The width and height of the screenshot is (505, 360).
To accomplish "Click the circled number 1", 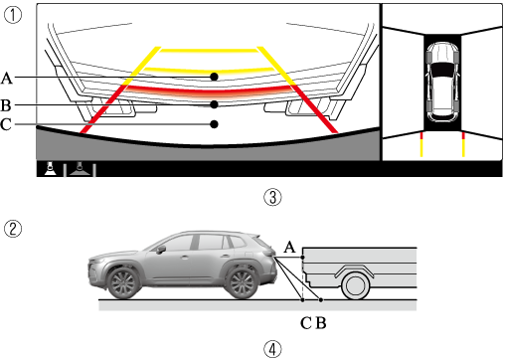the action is (13, 15).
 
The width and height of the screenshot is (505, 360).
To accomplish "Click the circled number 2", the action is (13, 229).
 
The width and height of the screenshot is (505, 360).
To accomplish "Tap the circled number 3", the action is (272, 197).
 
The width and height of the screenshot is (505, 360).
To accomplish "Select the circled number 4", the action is (272, 349).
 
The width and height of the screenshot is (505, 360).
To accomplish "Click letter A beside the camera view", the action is (7, 79).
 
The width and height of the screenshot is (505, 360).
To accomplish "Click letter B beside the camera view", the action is (6, 105).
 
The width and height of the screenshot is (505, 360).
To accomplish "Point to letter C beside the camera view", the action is (6, 124).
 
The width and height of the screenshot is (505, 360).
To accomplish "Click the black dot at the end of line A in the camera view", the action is (215, 77).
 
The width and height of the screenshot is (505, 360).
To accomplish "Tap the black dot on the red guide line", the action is (215, 104).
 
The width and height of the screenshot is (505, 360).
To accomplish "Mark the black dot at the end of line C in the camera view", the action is (215, 124).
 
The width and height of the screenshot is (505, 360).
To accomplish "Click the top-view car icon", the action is (442, 83).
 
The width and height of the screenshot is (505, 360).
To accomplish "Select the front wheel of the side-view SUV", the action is (123, 283).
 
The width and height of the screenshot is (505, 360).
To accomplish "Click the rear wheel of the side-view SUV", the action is (241, 283).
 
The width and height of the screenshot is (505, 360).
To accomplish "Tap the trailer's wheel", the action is (355, 285).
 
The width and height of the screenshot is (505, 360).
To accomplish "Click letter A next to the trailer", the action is (289, 247).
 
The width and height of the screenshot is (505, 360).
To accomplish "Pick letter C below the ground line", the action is (306, 323).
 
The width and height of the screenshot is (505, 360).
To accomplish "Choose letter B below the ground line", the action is (321, 323).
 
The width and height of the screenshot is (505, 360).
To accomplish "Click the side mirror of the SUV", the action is (161, 250).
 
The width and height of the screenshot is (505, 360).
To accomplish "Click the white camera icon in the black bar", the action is (50, 169).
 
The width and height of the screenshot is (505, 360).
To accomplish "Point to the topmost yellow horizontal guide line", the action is (209, 51).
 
